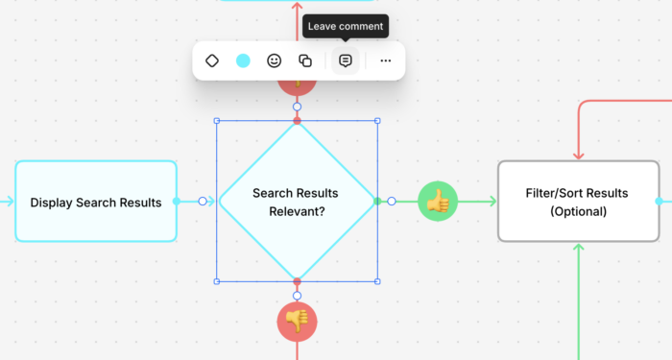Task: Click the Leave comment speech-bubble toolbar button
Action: coord(346,60)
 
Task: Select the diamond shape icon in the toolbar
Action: coord(212,60)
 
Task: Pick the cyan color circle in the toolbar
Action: coord(243,60)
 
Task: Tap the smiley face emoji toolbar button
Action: coord(275,60)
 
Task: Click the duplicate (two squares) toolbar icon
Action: coord(305,60)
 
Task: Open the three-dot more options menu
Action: coord(386,60)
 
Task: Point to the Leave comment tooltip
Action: coord(346,26)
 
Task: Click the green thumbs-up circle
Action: coord(438,202)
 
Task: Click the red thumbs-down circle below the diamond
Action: coord(297,322)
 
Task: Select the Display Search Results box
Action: coord(96,202)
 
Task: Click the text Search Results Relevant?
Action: coord(296,202)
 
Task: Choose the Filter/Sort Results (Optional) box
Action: coord(579,202)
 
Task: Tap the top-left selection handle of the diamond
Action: coord(217,121)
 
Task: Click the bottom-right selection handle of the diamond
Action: coord(377,281)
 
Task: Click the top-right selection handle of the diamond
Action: coord(377,121)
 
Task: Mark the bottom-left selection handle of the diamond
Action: coord(217,281)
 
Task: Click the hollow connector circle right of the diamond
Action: coord(392,201)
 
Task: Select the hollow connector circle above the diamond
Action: coord(297,107)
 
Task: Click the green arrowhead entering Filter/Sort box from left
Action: coord(492,201)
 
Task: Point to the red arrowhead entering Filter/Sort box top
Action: coord(579,156)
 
